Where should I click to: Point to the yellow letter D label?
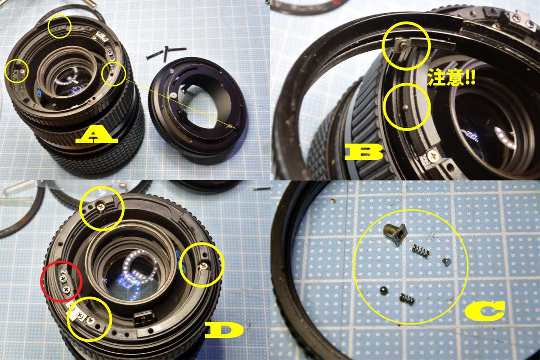(224, 330)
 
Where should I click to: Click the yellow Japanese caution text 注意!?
(451, 78)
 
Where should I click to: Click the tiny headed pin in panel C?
(446, 261)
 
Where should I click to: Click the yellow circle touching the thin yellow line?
(114, 74)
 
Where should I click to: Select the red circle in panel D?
(62, 281)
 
